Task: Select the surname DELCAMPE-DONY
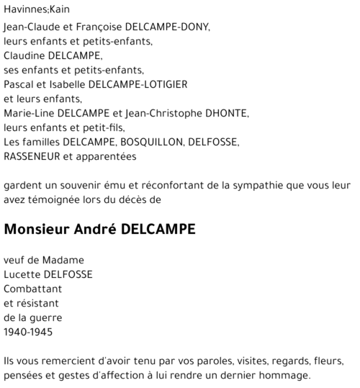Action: point(167,27)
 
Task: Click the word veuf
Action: point(14,260)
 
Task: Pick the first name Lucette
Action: point(21,274)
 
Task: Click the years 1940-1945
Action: point(29,332)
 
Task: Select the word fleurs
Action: point(328,361)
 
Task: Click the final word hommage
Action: point(287,375)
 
